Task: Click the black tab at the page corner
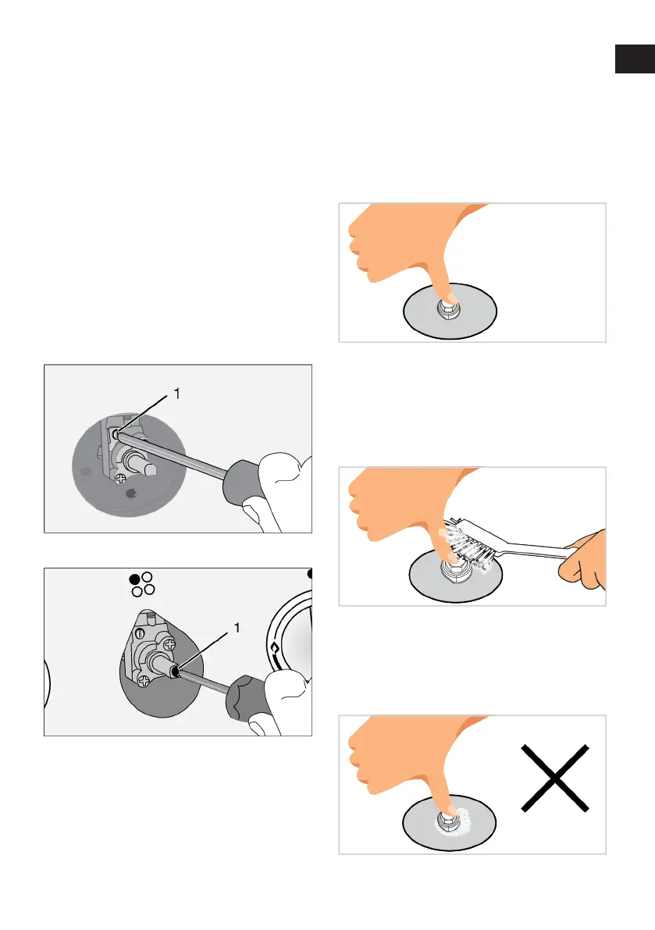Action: [x=635, y=59]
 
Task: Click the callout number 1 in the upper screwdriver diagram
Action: [x=176, y=394]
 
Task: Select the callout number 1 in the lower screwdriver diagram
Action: [x=237, y=628]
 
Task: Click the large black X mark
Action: [x=555, y=778]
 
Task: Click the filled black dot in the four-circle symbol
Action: [x=135, y=579]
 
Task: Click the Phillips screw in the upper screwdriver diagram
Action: [x=120, y=477]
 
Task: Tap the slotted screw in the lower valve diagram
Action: [x=141, y=634]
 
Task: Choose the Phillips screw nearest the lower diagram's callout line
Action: [x=169, y=643]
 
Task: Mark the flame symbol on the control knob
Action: [x=274, y=647]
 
